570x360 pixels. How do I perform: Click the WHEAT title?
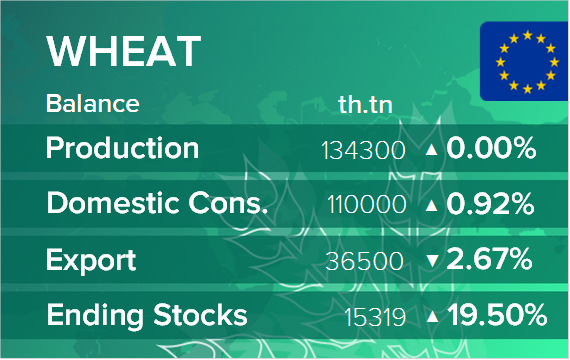click(x=124, y=51)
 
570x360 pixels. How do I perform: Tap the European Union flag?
click(x=525, y=61)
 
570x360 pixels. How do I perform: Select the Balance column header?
click(x=93, y=104)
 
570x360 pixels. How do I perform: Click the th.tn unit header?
click(x=365, y=105)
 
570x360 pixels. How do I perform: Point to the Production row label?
click(x=123, y=148)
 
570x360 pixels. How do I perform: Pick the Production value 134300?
click(x=363, y=150)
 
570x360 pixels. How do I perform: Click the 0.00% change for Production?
click(x=491, y=148)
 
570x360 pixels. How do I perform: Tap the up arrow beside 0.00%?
click(x=431, y=149)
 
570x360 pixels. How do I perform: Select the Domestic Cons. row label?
click(x=157, y=203)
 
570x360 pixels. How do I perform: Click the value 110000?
click(x=366, y=204)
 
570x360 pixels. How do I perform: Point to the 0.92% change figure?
click(x=490, y=204)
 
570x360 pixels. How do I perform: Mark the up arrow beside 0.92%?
click(x=431, y=205)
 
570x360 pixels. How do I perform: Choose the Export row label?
click(x=91, y=261)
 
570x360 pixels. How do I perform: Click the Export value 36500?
click(x=365, y=261)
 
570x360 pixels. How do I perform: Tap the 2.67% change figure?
click(x=489, y=259)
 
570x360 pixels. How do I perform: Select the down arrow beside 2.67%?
click(x=432, y=261)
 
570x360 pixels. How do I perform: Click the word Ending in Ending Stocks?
click(x=95, y=316)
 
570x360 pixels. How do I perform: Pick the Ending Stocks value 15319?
click(x=375, y=317)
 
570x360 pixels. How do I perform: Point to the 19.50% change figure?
click(x=497, y=315)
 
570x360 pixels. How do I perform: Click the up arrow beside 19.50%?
click(x=432, y=316)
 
